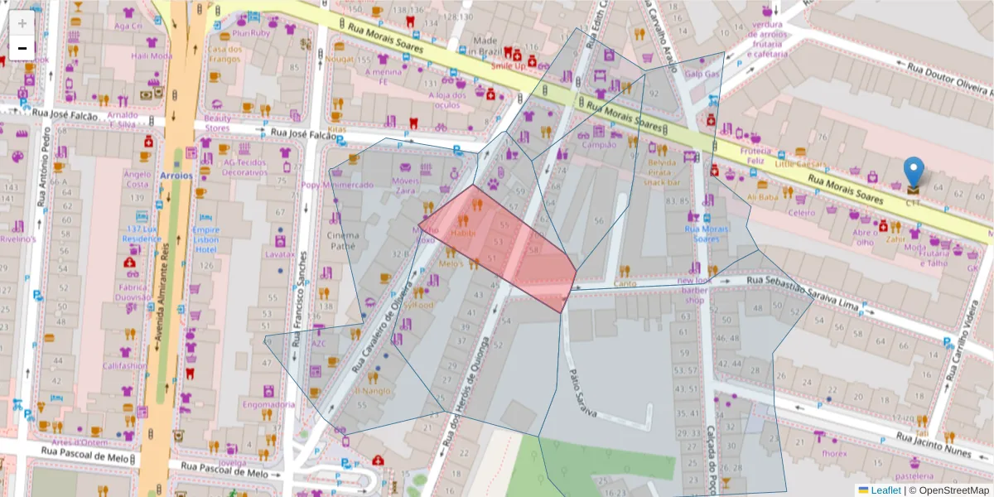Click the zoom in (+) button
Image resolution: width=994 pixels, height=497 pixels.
[22, 23]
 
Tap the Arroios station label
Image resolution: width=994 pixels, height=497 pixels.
[175, 176]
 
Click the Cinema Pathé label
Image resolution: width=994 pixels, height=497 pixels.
[344, 240]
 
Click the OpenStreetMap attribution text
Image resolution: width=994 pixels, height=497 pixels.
[950, 490]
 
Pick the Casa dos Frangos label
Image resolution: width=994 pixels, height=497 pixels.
[224, 54]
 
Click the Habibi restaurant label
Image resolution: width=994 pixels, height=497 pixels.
[463, 234]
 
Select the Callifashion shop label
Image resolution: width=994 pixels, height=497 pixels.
[125, 365]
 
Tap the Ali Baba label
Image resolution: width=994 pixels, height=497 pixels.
[763, 198]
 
